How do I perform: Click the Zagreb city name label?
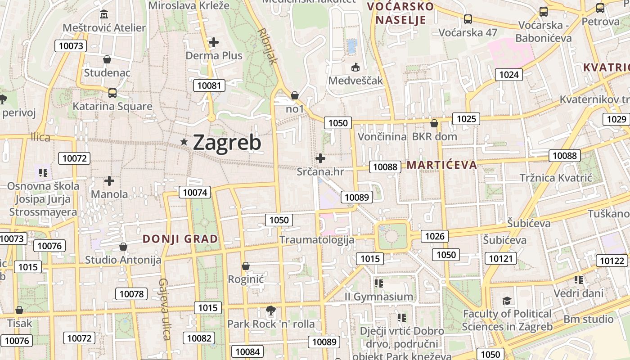point(227,143)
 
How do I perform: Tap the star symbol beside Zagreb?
point(184,142)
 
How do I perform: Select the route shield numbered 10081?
point(209,85)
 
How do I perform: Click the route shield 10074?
point(195,193)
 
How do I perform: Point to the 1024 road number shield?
point(509,75)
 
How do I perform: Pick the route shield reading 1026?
point(435,236)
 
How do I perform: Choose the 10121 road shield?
point(501,258)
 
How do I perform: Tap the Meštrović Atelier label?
point(104,28)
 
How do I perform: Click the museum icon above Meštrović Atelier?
point(104,14)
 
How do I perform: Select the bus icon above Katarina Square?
point(112,93)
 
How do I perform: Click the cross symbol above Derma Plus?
point(214,43)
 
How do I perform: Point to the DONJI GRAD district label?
point(180,239)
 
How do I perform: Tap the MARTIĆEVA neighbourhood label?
point(441,165)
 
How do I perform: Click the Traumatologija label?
point(317,239)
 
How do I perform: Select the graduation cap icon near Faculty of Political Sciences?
point(507,301)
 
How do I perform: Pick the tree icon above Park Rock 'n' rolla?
point(270,310)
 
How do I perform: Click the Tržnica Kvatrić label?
point(556,178)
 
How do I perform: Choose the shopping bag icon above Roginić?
point(245,266)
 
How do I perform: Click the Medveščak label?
point(355,81)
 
